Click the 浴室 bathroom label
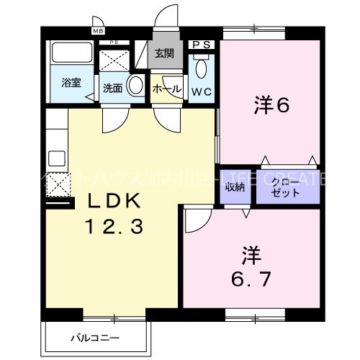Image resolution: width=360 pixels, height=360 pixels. pyautogui.click(x=71, y=82)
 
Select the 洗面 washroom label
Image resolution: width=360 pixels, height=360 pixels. pyautogui.click(x=112, y=88)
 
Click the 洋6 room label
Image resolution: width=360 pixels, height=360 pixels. pyautogui.click(x=271, y=106)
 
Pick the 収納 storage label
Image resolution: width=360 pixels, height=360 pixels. pyautogui.click(x=235, y=187)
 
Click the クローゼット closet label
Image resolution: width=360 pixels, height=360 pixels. pyautogui.click(x=287, y=189)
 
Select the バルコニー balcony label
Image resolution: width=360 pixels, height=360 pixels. pyautogui.click(x=95, y=336)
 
